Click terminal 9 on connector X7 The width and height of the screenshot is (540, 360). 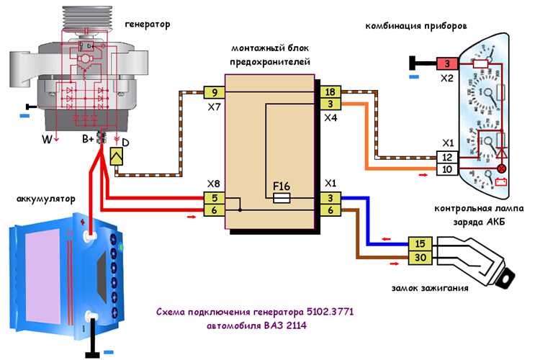pos(215,92)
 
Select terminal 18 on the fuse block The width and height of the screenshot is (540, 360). pos(330,92)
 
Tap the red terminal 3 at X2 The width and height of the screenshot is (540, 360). pos(446,64)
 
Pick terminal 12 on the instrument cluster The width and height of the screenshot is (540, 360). pos(446,158)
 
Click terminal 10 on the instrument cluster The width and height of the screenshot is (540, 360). pos(446,169)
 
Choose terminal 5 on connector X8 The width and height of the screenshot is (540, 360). pos(215,197)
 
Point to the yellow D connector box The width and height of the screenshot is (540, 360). pos(117,155)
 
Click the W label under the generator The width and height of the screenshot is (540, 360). pos(46,139)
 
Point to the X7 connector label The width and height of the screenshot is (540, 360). pos(215,107)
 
